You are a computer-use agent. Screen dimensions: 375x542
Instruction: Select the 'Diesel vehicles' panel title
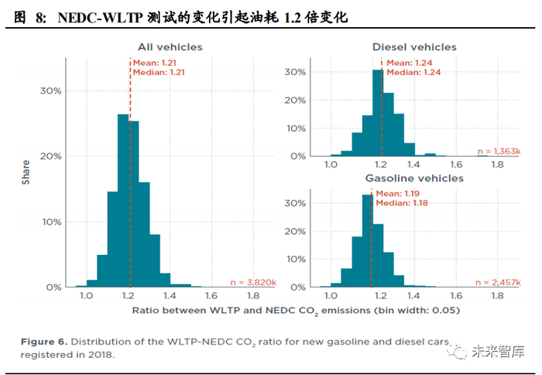414,47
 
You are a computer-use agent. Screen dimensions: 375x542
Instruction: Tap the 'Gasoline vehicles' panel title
414,178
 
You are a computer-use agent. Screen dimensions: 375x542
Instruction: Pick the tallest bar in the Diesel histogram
378,113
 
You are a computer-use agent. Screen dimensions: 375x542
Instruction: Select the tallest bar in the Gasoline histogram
368,239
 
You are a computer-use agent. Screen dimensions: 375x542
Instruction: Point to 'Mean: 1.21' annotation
156,62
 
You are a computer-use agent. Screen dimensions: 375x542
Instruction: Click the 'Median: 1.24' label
413,72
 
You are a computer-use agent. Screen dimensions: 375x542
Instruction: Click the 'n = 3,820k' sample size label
253,283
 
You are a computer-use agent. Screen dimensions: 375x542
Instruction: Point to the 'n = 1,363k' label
499,152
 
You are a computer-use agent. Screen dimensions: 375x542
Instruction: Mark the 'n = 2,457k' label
499,282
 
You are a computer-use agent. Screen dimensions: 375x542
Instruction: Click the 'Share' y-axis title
26,171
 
